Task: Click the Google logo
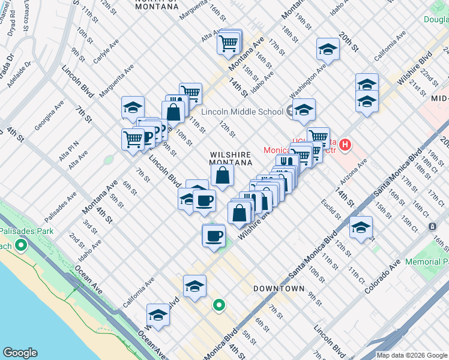20,353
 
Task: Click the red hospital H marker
345,145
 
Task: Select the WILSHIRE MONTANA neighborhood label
231,158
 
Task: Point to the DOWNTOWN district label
279,289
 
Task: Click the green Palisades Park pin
22,245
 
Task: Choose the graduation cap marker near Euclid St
361,227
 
